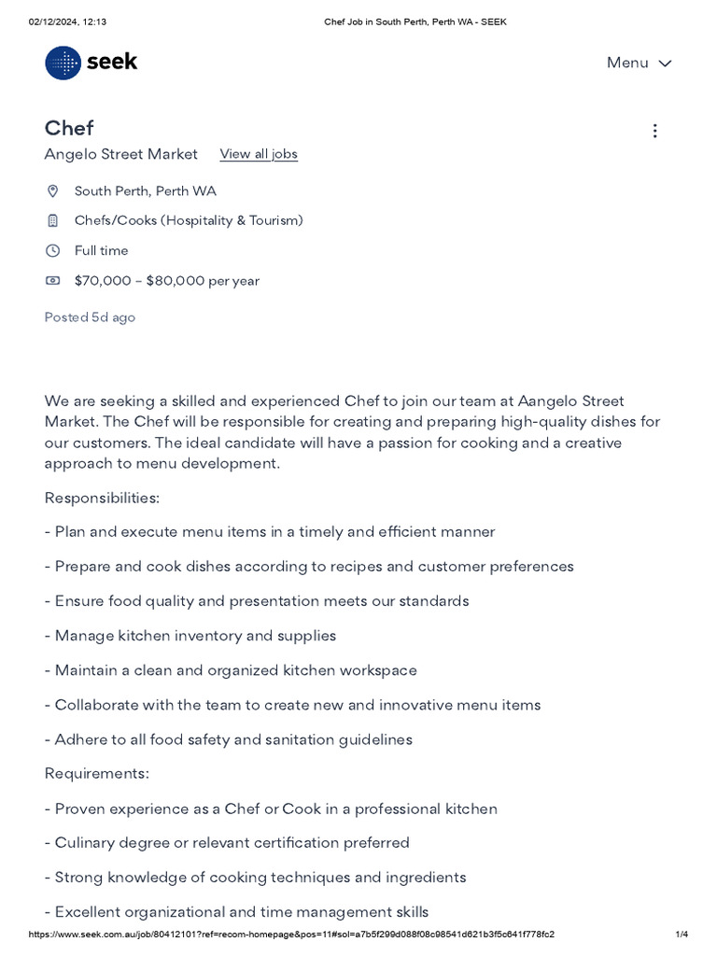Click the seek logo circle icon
[63, 63]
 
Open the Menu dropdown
[639, 63]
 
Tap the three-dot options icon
[654, 131]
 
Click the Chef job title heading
[69, 128]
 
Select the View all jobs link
[259, 154]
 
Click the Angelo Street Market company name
[121, 154]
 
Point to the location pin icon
[53, 191]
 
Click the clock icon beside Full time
[53, 251]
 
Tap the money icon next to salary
[53, 281]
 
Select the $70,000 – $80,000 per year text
[167, 281]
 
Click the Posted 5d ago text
[90, 317]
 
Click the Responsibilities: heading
[102, 498]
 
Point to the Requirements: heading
[97, 773]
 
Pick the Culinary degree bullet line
[227, 843]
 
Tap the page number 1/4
[682, 935]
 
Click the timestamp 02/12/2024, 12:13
[67, 21]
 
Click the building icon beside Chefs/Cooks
[53, 221]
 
